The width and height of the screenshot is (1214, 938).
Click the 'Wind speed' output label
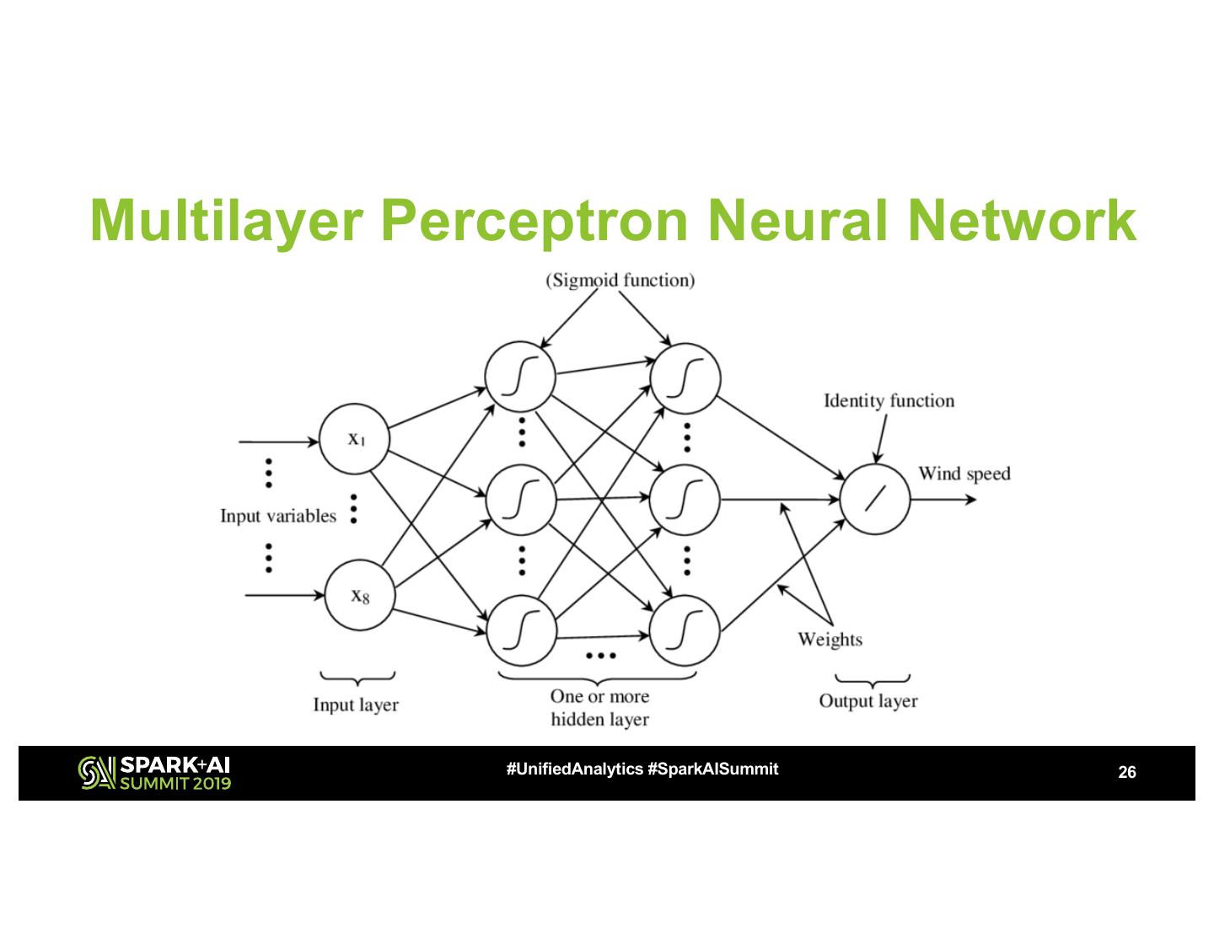point(964,474)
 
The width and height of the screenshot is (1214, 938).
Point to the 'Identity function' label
point(889,401)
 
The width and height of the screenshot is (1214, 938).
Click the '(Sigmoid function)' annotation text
point(620,280)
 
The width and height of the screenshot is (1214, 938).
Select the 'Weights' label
point(830,640)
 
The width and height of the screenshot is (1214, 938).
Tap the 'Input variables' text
point(278,515)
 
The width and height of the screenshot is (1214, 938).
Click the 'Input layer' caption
point(356,705)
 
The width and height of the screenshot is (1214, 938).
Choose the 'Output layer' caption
point(868,701)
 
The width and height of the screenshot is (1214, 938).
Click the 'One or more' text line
point(599,696)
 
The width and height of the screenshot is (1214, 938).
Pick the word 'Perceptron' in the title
point(534,222)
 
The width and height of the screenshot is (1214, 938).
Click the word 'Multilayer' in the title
point(227,222)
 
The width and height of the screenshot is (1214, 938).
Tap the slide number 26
point(1127,772)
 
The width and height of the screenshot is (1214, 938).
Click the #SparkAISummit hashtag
point(713,769)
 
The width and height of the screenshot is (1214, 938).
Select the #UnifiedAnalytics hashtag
point(575,769)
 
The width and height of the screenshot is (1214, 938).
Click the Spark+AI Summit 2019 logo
point(154,773)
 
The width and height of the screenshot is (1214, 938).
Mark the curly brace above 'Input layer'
point(357,678)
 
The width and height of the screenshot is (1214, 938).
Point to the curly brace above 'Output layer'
point(873,681)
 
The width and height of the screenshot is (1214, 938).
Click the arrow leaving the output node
point(943,500)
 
